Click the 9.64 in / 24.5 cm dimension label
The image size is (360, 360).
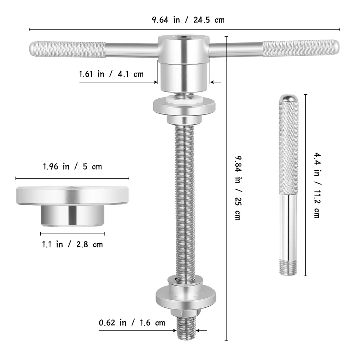pyautogui.click(x=188, y=20)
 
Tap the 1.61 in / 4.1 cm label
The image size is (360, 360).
pyautogui.click(x=111, y=74)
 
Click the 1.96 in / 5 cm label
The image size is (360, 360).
pyautogui.click(x=72, y=167)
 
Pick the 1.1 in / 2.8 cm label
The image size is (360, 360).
pyautogui.click(x=72, y=244)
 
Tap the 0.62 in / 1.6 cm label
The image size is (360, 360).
pyautogui.click(x=132, y=323)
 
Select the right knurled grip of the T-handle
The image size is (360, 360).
pyautogui.click(x=301, y=48)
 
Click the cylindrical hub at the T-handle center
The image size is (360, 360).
pyautogui.click(x=184, y=63)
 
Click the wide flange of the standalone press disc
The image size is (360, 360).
pyautogui.click(x=72, y=195)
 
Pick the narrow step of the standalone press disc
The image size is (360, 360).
pyautogui.click(x=72, y=216)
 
